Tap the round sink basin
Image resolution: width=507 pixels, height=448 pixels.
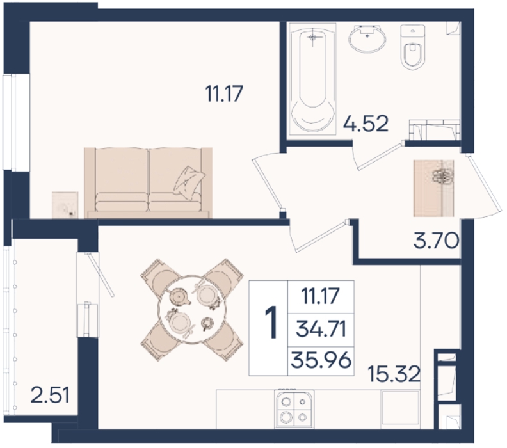coord(367,39)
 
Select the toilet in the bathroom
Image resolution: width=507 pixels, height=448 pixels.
coord(412,47)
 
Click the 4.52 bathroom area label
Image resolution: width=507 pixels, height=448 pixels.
coord(366,124)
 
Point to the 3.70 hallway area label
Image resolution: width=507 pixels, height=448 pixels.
coord(436,241)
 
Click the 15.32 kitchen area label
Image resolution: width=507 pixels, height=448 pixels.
coord(394,374)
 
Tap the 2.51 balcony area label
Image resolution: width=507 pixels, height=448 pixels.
coord(50,396)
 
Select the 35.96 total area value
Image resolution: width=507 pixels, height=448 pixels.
coord(321,360)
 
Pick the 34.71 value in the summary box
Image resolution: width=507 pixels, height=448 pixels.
coord(321,330)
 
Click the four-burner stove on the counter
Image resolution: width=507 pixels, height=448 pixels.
coord(294,409)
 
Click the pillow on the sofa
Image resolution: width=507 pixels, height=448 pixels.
coord(189,180)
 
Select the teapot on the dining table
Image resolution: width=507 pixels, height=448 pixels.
coord(179,296)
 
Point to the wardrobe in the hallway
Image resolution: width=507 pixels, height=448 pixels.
coord(433,188)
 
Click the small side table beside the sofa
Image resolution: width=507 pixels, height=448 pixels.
coord(65,205)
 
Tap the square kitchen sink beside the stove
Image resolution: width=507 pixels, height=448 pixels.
coord(400,410)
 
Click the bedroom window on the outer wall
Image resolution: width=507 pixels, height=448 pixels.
coord(16,122)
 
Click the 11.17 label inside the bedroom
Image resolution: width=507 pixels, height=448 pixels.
coord(224,93)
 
